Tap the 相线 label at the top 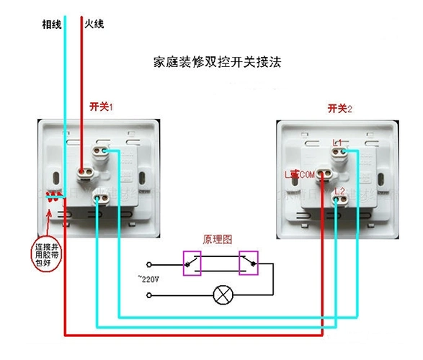click(x=51, y=24)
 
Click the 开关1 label click(x=102, y=106)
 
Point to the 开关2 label click(x=339, y=109)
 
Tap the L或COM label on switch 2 click(x=300, y=174)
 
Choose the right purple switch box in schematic click(x=249, y=262)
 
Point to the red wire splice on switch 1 click(x=53, y=197)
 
